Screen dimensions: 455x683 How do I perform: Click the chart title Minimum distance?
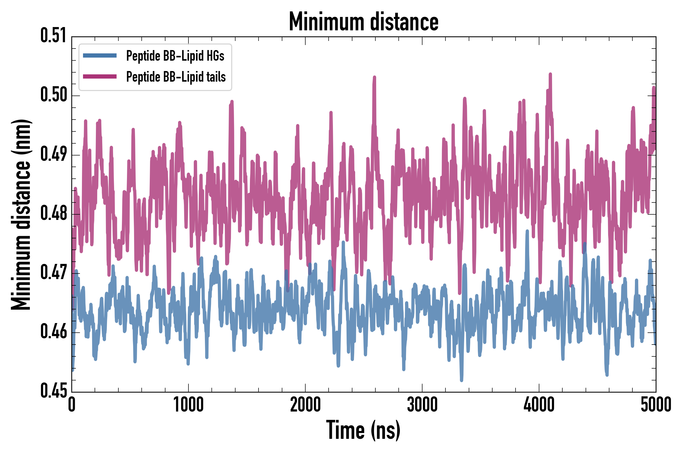[x=364, y=22]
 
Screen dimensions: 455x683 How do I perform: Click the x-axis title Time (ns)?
[x=363, y=430]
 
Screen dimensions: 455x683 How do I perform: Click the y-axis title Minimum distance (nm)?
[x=21, y=214]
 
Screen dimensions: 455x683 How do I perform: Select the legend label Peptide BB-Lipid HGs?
[x=175, y=56]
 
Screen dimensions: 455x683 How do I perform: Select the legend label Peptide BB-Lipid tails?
[x=176, y=77]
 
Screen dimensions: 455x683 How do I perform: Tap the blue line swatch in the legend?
[x=100, y=56]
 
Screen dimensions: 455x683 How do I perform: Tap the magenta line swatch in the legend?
[x=100, y=77]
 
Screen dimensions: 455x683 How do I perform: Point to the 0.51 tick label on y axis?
[x=53, y=36]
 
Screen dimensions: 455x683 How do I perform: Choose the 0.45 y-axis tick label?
[x=53, y=391]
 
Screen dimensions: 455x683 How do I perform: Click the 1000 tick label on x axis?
[x=188, y=405]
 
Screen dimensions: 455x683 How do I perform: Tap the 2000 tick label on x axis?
[x=305, y=405]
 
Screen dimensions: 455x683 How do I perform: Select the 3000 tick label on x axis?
[x=422, y=405]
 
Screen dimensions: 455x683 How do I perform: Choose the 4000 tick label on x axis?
[x=539, y=405]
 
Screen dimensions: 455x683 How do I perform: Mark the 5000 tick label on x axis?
[x=656, y=405]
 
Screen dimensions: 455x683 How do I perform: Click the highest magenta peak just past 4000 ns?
[x=550, y=74]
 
